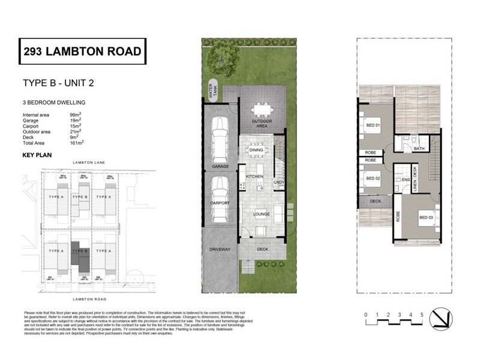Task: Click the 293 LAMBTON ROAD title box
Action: point(83,51)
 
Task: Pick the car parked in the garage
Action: point(219,136)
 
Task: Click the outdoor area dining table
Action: point(262,110)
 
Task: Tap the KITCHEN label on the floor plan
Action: point(255,177)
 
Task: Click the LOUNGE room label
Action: point(261,214)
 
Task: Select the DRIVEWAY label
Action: point(220,249)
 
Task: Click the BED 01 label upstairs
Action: point(373,125)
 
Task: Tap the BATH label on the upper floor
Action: point(419,148)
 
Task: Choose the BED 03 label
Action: point(427,217)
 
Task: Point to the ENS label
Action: point(406,179)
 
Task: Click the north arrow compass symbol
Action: point(442,317)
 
